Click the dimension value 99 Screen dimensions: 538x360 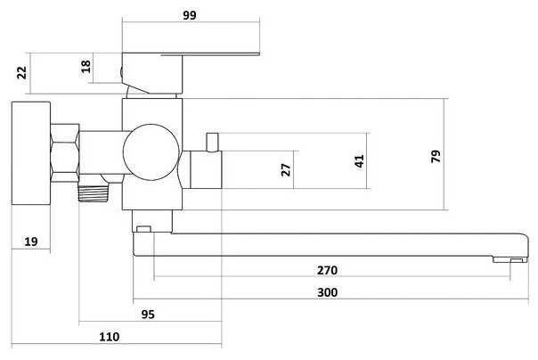coord(190,15)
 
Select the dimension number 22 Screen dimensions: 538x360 coord(21,72)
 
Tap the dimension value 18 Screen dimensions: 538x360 coord(86,66)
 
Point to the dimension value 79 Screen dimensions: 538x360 coord(436,156)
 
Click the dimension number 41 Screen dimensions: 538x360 coord(359,161)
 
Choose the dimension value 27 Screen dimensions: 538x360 coord(285,169)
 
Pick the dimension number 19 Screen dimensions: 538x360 coord(31,241)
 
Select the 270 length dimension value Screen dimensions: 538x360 coord(327,270)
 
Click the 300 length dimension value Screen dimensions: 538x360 coord(327,292)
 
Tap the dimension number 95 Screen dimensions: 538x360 coord(148,315)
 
